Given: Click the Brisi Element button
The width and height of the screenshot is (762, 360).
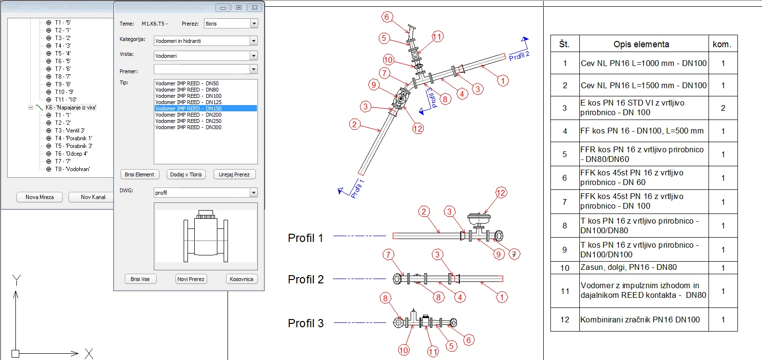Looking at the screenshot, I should tap(139, 174).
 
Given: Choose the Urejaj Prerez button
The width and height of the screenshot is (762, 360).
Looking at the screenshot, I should tap(234, 174).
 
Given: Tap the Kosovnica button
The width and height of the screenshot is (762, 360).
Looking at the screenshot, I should tap(241, 279).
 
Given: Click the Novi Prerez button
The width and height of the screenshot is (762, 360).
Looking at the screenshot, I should tap(191, 279).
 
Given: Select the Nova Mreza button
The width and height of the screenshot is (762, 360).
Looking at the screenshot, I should tap(40, 197).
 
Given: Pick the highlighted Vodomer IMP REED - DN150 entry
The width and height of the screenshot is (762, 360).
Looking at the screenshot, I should tap(188, 108).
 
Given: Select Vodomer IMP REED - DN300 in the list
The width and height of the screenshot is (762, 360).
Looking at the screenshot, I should tap(188, 127).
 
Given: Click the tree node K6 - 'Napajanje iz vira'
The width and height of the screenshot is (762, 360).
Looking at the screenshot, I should tap(70, 107).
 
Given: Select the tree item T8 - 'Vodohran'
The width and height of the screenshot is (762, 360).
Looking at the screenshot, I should tap(72, 169).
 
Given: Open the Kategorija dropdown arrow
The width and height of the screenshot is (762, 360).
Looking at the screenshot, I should tap(254, 41).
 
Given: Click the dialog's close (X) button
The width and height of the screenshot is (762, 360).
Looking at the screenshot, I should tap(254, 8).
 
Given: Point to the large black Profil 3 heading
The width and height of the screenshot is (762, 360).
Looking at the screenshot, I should tap(306, 323).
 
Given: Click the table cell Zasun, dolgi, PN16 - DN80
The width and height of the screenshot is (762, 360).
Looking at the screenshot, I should tap(628, 267).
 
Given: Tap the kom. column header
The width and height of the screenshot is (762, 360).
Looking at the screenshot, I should tap(722, 44).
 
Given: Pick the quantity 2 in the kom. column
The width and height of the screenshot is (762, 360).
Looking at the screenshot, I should tap(722, 108).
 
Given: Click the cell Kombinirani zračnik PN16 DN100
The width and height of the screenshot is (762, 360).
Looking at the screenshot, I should tap(640, 320).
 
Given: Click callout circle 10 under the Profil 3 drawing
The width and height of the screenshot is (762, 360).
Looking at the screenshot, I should tap(403, 350).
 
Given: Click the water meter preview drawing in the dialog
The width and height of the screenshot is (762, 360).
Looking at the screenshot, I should tap(206, 236).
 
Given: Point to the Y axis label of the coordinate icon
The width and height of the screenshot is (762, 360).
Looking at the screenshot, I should tap(17, 280).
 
